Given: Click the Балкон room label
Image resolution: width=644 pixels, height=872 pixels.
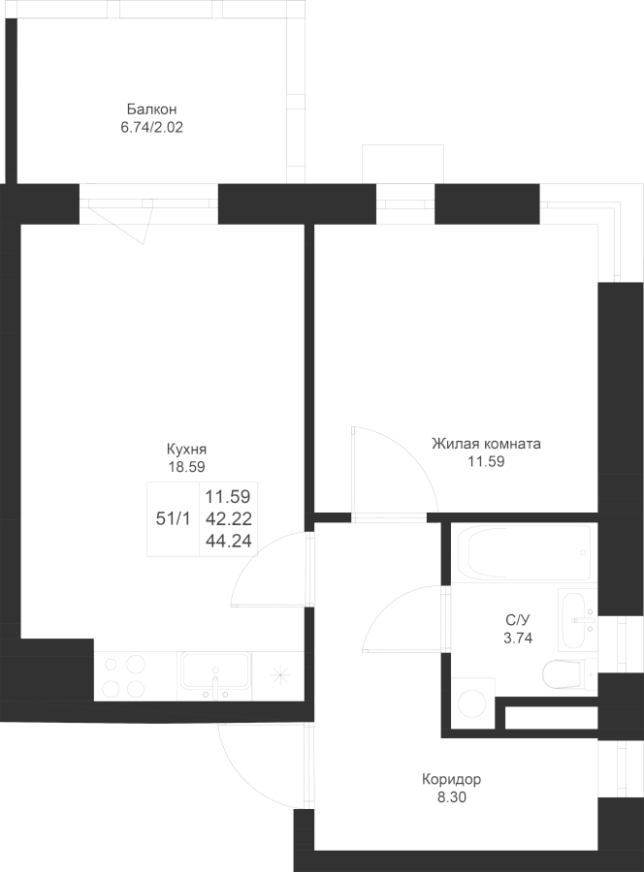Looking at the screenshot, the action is [151, 109].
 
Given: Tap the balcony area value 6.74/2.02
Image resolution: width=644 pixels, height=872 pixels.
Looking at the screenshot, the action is [151, 127].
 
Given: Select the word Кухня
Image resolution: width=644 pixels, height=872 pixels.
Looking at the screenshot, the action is [187, 449].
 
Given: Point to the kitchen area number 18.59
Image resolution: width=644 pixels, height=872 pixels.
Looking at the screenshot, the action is [187, 467].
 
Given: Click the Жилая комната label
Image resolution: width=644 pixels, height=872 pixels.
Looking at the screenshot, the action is [487, 444].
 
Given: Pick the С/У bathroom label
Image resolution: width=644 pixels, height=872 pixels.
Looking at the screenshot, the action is [518, 620].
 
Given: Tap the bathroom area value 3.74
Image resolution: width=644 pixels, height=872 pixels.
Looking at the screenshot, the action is [518, 638].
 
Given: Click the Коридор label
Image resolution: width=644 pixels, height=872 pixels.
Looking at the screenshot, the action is [451, 779].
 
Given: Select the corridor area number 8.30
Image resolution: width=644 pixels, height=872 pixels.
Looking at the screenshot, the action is [451, 797].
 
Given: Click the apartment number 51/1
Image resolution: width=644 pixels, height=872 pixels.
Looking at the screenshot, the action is [173, 519].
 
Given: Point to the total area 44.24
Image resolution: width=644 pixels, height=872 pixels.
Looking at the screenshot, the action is [229, 540].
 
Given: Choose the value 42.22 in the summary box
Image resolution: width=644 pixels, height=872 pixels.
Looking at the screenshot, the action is [229, 519].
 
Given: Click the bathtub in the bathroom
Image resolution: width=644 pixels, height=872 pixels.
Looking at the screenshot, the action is [524, 552].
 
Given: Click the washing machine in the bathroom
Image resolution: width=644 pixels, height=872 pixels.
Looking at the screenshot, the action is [472, 703].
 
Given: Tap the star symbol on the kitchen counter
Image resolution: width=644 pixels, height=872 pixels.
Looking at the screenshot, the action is [281, 675].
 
